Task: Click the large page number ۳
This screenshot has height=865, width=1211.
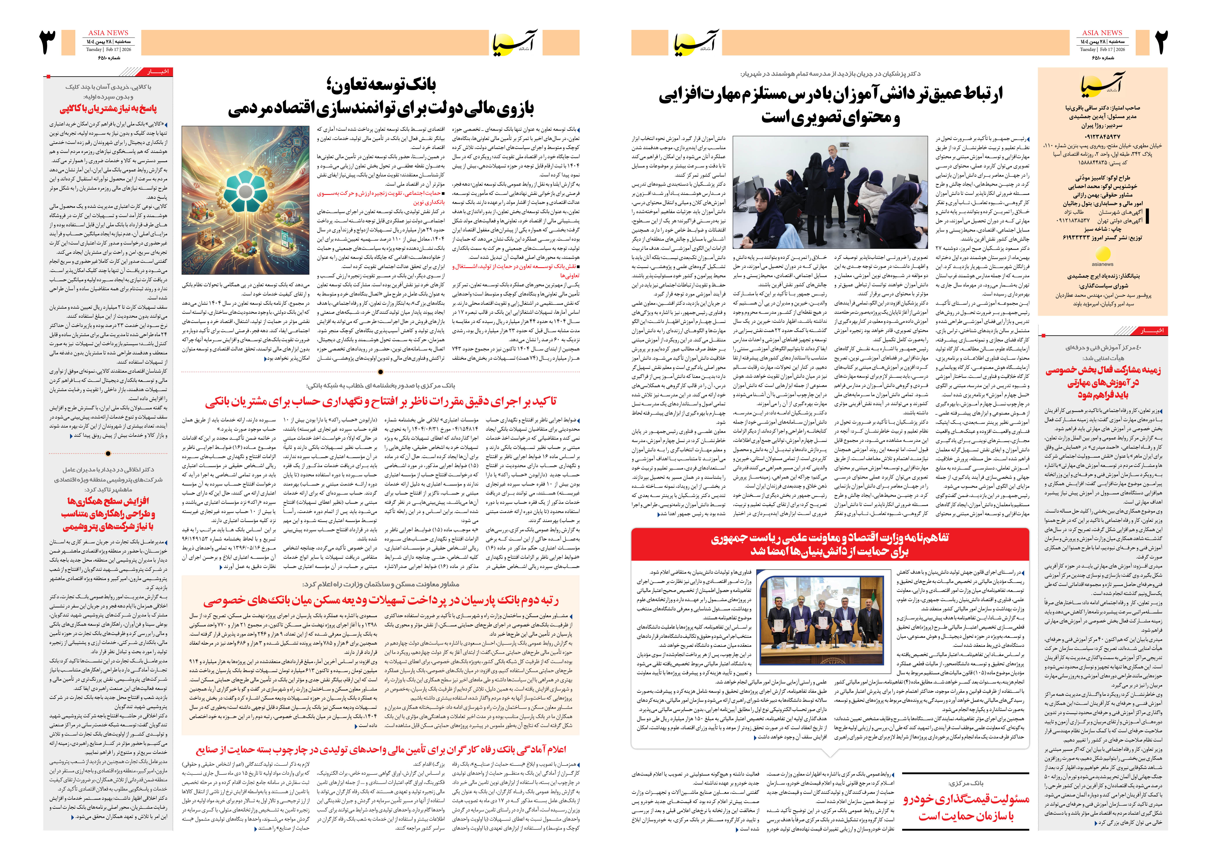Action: [x=48, y=43]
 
